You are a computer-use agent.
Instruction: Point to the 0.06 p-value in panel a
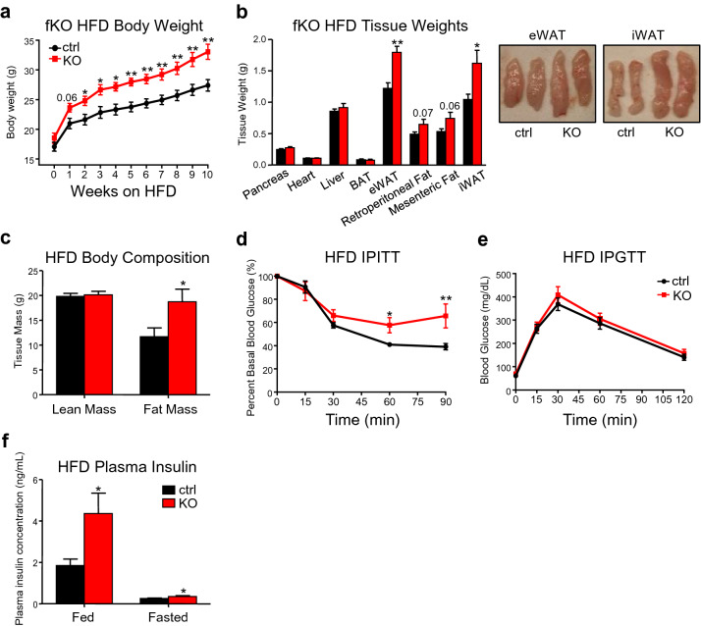click(68, 98)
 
